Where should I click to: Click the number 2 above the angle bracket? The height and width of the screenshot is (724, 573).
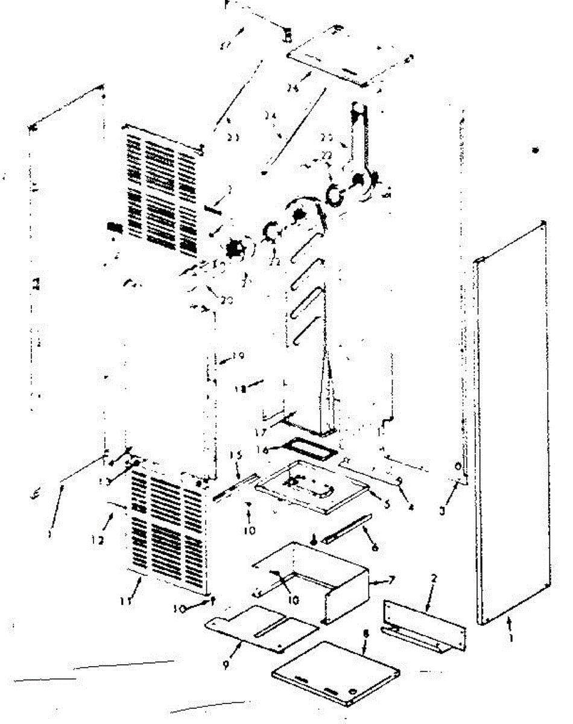434,578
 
